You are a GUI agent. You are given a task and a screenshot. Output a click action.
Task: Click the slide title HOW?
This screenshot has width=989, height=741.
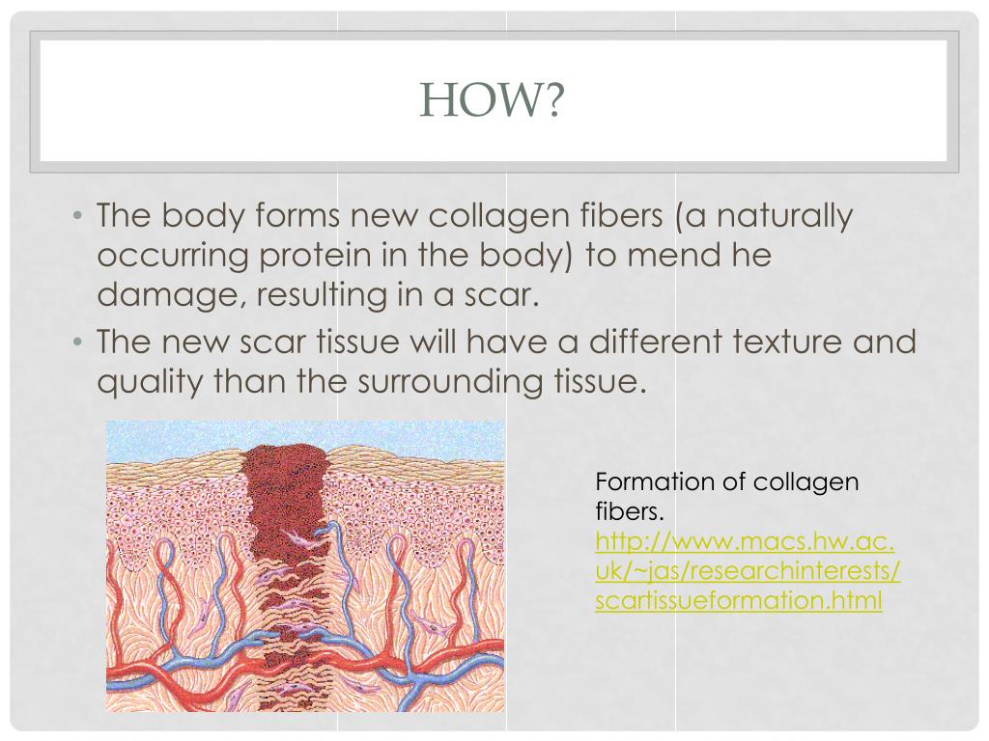[494, 100]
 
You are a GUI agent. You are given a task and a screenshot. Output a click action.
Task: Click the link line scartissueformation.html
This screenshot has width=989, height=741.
[739, 600]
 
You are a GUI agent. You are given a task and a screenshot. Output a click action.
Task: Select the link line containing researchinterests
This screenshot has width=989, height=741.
[748, 570]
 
